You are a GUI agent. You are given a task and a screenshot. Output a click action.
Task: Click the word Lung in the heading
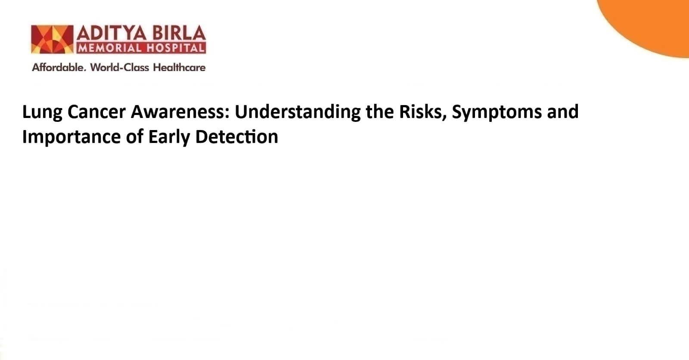point(42,112)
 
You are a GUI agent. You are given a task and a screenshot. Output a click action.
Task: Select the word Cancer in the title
point(96,112)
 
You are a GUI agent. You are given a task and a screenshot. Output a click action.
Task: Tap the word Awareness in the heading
point(180,112)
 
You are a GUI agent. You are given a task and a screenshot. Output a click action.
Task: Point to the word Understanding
point(298,112)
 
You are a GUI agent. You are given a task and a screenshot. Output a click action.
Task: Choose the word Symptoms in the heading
point(497,112)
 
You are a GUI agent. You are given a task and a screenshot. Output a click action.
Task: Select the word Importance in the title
point(71,137)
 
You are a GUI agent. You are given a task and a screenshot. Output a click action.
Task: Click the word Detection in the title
point(237,137)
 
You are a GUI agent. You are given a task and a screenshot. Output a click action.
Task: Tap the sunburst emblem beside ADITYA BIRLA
point(52,39)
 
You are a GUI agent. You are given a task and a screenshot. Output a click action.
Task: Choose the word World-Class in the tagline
point(119,67)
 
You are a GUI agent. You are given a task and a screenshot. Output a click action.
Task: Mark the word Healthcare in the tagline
point(179,67)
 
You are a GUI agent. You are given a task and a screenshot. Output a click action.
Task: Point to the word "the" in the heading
point(379,112)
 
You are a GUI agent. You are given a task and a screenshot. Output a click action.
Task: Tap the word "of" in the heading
point(134,137)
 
